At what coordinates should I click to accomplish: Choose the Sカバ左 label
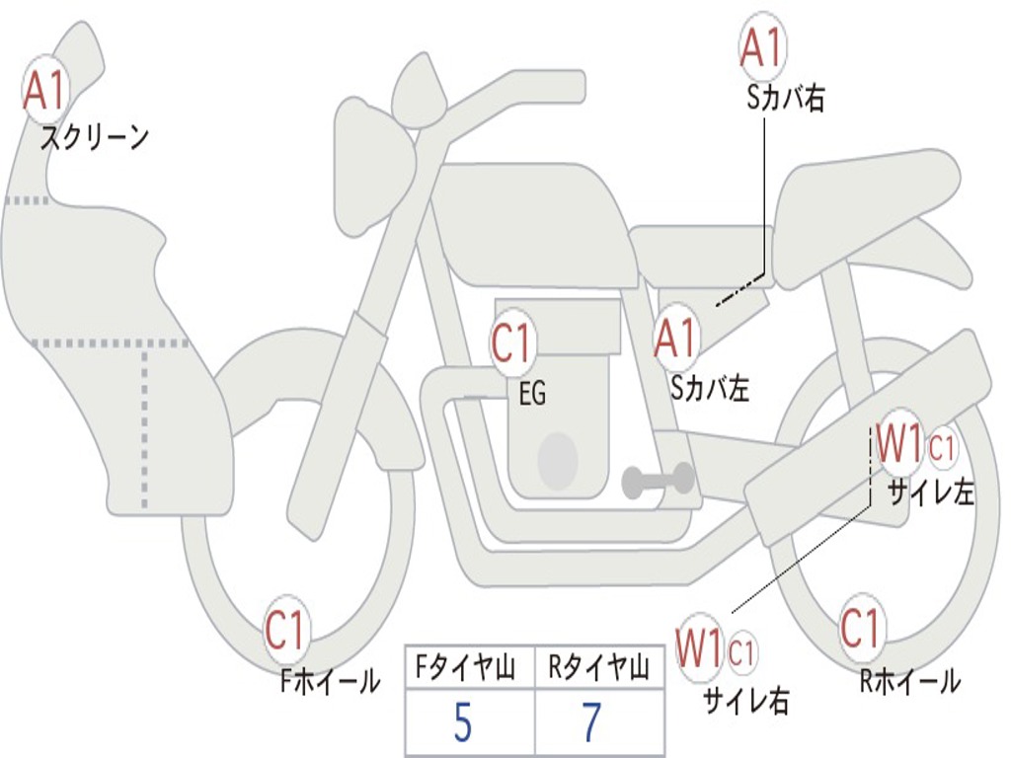pos(710,389)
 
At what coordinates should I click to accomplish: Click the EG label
pos(532,395)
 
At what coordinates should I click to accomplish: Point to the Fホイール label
pos(330,680)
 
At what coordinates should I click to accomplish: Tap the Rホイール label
pos(909,680)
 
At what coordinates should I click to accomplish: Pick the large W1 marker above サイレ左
pos(899,445)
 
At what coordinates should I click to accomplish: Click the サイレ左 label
pos(930,493)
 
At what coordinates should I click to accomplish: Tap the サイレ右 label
pos(745,700)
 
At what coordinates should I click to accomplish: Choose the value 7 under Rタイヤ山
pos(591,723)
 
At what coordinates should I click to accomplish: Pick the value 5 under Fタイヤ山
pos(461,723)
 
